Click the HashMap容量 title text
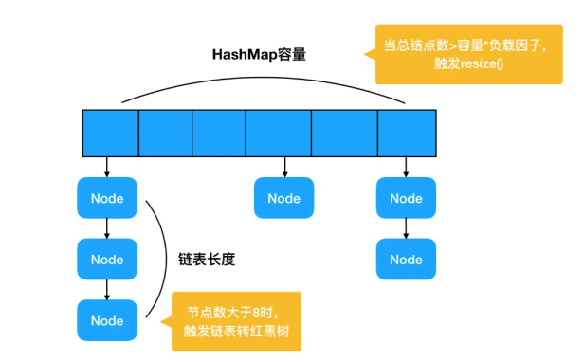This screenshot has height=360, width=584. point(259,54)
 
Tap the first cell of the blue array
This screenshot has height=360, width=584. point(110,132)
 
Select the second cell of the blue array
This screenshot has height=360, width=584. point(165,132)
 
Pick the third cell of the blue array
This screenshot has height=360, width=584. point(218,132)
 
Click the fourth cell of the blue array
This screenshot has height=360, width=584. point(278,132)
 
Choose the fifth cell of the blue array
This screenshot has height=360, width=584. point(344,132)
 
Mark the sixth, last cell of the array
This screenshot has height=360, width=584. point(407,132)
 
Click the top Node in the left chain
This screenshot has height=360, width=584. point(107,199)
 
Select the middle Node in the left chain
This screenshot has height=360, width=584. point(107,260)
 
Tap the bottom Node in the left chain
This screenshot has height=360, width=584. point(107,320)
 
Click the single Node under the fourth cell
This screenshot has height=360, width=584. point(283,199)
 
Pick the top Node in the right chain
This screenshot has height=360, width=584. point(406,199)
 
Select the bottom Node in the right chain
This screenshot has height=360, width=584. point(406,260)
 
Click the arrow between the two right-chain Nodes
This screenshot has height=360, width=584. point(406,228)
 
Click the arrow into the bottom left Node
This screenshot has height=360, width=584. point(107,289)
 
